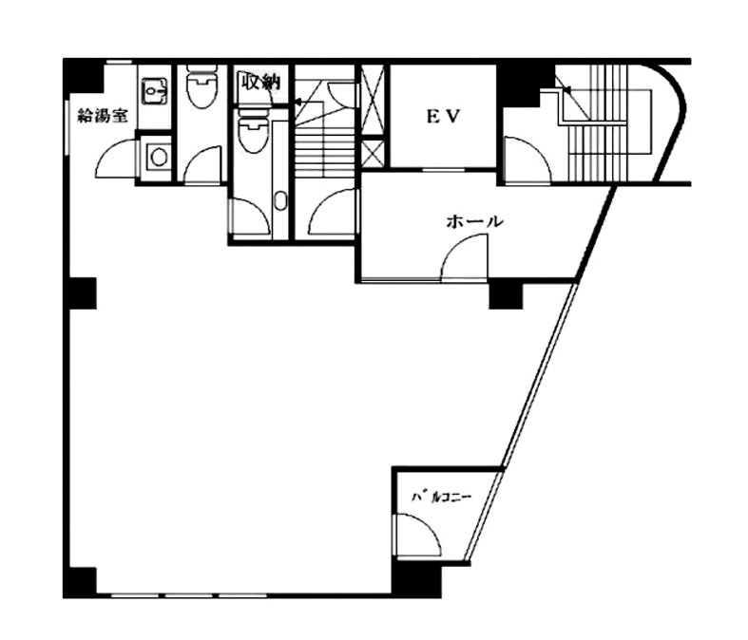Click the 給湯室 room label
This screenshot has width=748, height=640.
pos(103,116)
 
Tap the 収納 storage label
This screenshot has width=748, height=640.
pos(260,82)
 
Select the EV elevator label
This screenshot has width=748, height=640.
pos(443,117)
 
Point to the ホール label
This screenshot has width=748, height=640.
pos(474,221)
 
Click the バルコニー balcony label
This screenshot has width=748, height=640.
pos(441,498)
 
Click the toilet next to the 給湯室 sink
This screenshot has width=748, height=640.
pos(201,86)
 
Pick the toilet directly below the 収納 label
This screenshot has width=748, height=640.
pos(253,131)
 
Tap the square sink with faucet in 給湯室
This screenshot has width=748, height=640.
pos(155,90)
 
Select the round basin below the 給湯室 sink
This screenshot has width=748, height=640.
pos(158,156)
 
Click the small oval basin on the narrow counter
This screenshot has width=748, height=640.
pos(280,200)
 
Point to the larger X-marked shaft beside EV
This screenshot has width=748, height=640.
pos(373,99)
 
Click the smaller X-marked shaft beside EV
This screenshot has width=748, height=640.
pos(373,153)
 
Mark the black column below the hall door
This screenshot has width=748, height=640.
pos(507,295)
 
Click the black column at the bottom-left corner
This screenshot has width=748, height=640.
pos(80,581)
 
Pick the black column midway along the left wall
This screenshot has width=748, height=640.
pos(81,293)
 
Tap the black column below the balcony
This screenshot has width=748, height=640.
pos(416,578)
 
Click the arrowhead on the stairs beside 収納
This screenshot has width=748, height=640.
pos(297,102)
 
